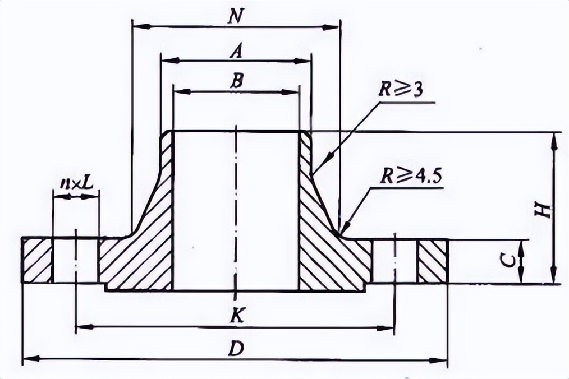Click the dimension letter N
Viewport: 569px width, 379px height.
236,16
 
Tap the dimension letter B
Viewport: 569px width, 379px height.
237,81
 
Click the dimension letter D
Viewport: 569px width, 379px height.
236,348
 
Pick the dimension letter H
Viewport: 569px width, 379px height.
542,210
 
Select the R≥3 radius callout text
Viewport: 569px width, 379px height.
400,91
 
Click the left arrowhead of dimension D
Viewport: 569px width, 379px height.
26,358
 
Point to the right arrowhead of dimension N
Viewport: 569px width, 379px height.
336,26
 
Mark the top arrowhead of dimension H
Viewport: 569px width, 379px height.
554,137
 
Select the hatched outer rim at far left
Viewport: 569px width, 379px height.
37,261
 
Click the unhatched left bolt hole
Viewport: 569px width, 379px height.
75,261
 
